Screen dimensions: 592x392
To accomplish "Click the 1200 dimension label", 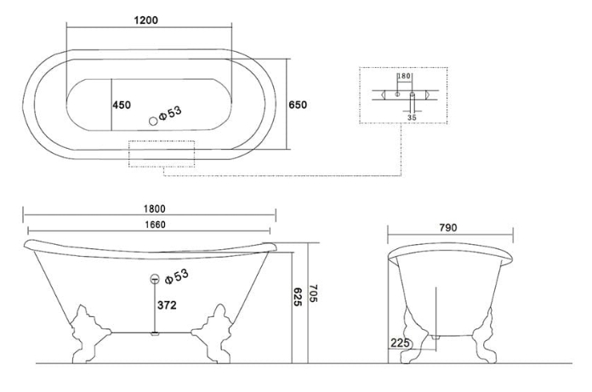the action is [146, 20].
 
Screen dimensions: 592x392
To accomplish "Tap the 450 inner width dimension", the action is [122, 105].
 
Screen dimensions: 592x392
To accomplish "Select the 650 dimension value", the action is [298, 105].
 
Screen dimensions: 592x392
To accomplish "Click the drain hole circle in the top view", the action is [153, 121].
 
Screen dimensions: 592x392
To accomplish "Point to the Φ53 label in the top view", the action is [170, 113].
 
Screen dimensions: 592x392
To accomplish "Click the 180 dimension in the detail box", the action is [404, 76].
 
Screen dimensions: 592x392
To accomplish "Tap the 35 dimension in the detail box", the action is [412, 117].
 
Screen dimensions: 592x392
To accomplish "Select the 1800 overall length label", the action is [155, 208].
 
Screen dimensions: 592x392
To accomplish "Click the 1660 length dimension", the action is [155, 224].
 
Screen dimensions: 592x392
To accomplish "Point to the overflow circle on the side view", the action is [155, 279].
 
